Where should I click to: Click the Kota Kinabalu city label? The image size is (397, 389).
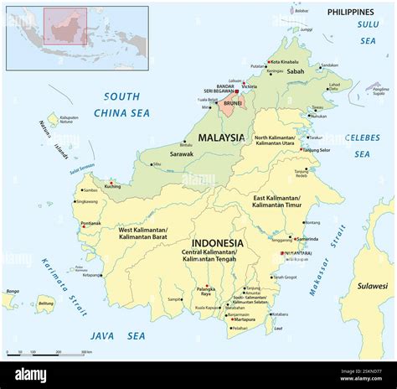[x=285, y=61]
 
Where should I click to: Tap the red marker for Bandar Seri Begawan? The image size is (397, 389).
[x=237, y=91]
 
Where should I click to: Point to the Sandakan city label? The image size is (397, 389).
[x=329, y=65]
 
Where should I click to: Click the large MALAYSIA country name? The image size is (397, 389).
[x=221, y=137]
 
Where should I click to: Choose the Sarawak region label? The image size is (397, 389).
[x=182, y=154]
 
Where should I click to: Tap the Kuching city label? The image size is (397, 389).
[x=114, y=186]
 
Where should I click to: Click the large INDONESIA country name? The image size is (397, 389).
[x=217, y=243]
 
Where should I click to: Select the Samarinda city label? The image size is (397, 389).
[x=307, y=239]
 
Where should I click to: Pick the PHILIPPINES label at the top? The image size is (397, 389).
[x=350, y=13]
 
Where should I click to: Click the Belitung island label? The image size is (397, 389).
[x=46, y=303]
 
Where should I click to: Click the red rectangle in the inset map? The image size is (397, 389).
[x=65, y=27]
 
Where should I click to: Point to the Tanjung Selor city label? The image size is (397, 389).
[x=318, y=150]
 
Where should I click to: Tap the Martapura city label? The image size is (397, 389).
[x=245, y=319]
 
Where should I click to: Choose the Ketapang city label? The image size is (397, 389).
[x=91, y=275]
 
